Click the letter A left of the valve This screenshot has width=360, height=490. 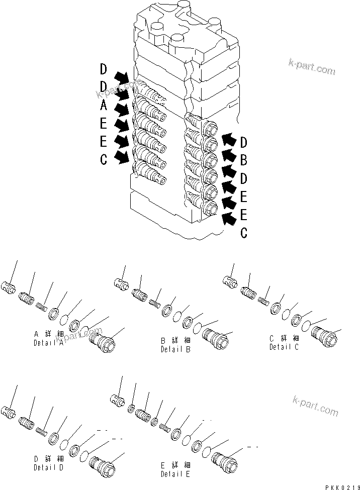(x=103, y=106)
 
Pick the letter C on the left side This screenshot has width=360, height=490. (x=103, y=160)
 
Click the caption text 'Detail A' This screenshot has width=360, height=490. (x=49, y=343)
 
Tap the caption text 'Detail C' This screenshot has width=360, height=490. (x=285, y=347)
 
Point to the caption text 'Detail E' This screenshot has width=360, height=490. (x=175, y=474)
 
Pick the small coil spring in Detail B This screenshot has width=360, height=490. (x=155, y=303)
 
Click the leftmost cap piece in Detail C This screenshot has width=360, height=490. (x=231, y=282)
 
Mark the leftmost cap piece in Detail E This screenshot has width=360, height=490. (x=117, y=400)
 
